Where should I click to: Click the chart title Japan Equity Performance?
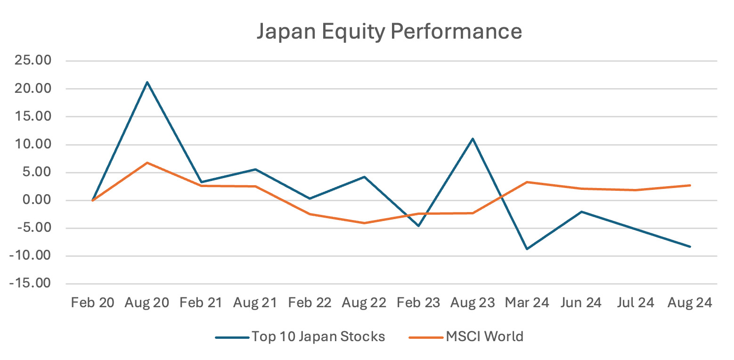(x=389, y=31)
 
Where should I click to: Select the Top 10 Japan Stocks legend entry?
(x=318, y=336)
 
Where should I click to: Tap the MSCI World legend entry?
(x=484, y=336)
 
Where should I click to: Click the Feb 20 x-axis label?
(x=92, y=303)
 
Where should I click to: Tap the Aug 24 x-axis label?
(x=690, y=303)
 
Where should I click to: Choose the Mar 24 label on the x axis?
(x=527, y=303)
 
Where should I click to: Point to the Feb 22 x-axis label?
(x=310, y=303)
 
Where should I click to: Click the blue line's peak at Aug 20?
(x=147, y=82)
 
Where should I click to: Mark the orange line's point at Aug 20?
(x=147, y=163)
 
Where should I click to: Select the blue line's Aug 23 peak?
(x=473, y=139)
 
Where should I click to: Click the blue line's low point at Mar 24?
(x=527, y=249)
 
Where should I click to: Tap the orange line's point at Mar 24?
(x=527, y=182)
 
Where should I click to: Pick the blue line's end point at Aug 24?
(x=690, y=246)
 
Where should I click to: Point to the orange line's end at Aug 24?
(x=690, y=185)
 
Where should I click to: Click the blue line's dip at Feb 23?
(x=418, y=226)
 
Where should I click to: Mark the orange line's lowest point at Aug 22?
(x=364, y=223)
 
